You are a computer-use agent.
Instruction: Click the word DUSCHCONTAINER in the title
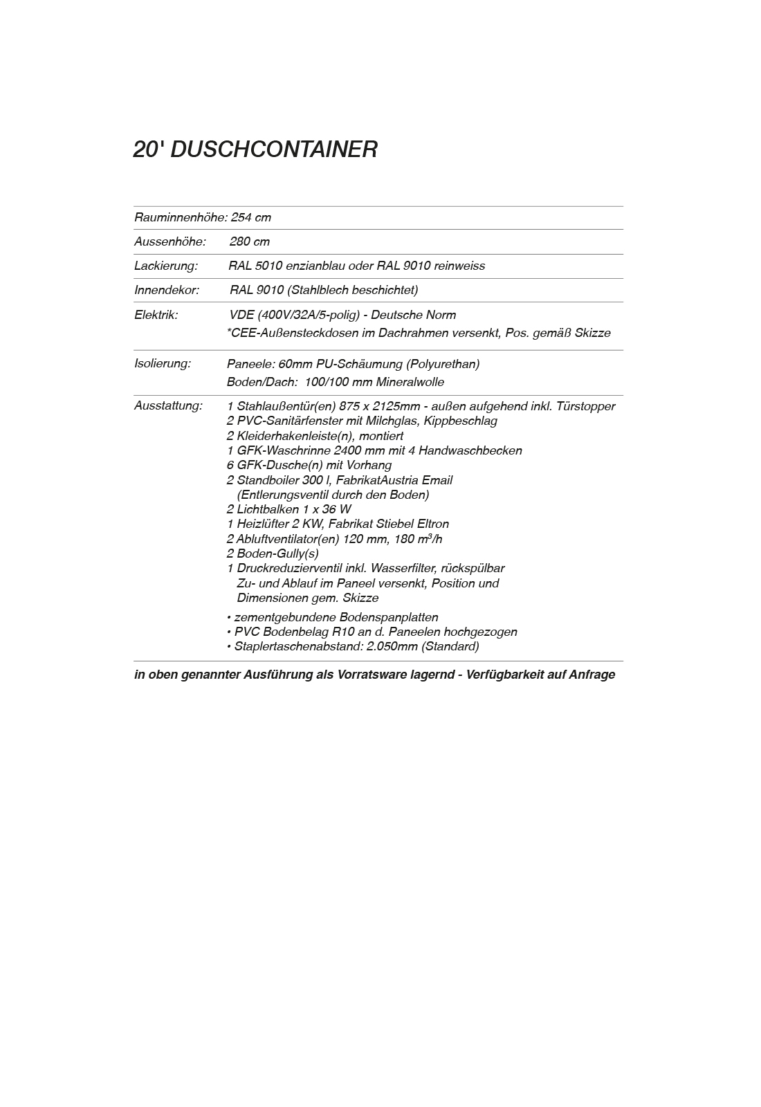tap(273, 149)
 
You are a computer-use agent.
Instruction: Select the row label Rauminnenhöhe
tap(180, 217)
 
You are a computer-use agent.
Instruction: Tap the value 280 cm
tap(250, 241)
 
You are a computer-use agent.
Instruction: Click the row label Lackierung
tap(166, 266)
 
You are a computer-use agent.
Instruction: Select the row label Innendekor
tap(167, 290)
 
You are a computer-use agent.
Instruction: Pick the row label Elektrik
tap(156, 315)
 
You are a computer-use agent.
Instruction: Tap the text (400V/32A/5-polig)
tap(309, 315)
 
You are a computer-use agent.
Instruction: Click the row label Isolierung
tap(163, 363)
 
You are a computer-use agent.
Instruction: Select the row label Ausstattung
tap(168, 405)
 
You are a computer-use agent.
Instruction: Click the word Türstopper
tap(585, 406)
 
